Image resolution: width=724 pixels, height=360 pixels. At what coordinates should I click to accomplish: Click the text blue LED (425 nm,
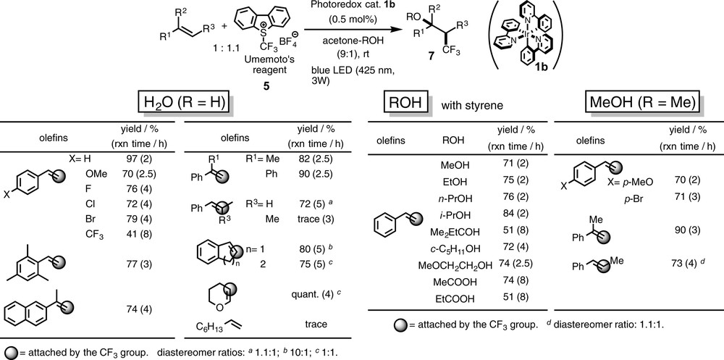coord(348,69)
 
